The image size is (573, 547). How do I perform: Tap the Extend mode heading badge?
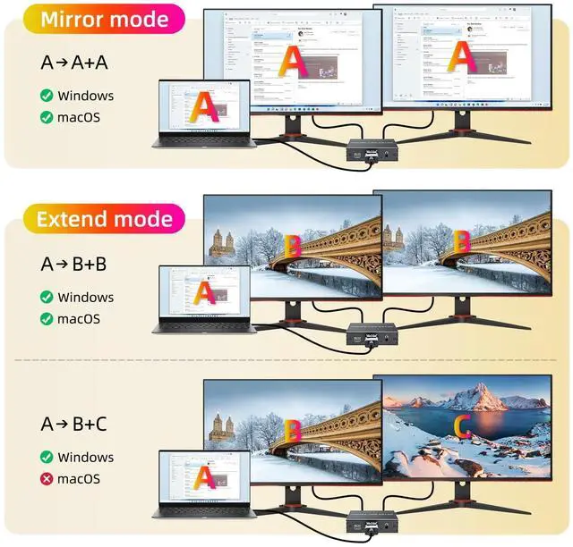[x=105, y=219]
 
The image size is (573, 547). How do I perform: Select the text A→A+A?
[x=80, y=62]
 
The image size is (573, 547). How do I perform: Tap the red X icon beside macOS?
[x=46, y=479]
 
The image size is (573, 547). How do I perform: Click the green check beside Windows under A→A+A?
[x=46, y=96]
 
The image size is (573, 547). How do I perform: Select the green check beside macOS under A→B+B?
[x=46, y=319]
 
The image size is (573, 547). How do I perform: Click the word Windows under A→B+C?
[x=86, y=458]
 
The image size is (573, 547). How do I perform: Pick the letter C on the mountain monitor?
[x=462, y=427]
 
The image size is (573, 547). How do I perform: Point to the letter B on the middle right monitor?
[x=462, y=242]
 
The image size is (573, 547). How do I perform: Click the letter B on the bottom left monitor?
[x=293, y=430]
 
